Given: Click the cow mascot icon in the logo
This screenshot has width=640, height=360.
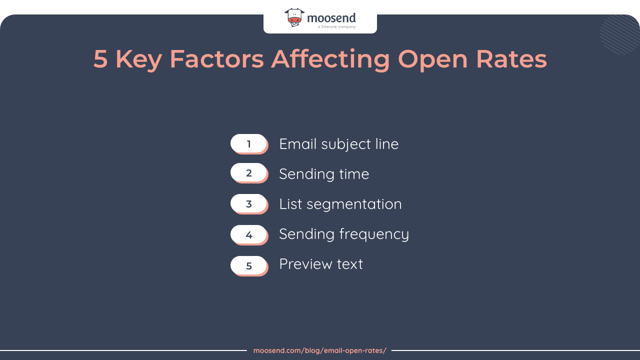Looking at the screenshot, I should coord(294,17).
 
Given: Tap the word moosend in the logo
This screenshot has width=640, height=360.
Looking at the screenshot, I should coord(331,18).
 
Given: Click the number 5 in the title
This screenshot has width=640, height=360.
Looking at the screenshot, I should coord(100,59).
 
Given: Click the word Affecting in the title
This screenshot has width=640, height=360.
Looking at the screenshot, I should coord(330,59).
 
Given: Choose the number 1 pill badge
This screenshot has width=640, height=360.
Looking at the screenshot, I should coord(248,144).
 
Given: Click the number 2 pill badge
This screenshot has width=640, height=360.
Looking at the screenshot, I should coord(248,173).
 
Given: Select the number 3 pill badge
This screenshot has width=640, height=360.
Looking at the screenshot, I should coord(248,204).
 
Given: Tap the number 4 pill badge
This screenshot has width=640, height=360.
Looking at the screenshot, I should coord(248,234).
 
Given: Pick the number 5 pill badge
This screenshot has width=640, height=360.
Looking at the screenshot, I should coord(248,265).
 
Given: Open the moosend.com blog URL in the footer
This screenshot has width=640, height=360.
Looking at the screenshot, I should coord(319,350).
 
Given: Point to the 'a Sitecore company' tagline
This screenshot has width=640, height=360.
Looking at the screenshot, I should coord(336,27).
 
